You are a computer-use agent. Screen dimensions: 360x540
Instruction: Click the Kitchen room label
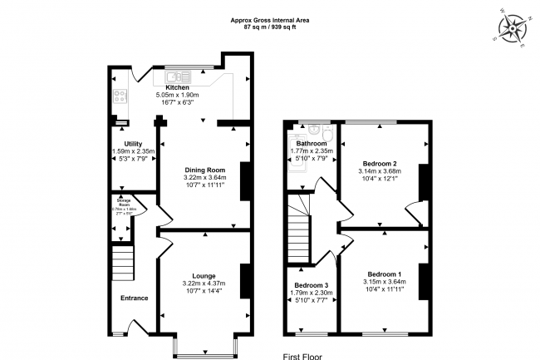click(177, 87)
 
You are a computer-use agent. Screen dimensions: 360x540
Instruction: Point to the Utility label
click(122, 144)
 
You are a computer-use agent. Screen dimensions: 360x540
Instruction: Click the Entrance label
click(134, 298)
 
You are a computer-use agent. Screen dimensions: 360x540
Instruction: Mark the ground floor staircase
click(121, 264)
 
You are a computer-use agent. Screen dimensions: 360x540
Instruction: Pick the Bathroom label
click(312, 143)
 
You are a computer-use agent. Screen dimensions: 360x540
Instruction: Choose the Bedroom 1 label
click(385, 274)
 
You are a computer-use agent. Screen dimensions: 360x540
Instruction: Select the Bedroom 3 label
click(312, 285)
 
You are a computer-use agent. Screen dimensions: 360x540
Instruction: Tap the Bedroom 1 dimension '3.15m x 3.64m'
click(385, 282)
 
